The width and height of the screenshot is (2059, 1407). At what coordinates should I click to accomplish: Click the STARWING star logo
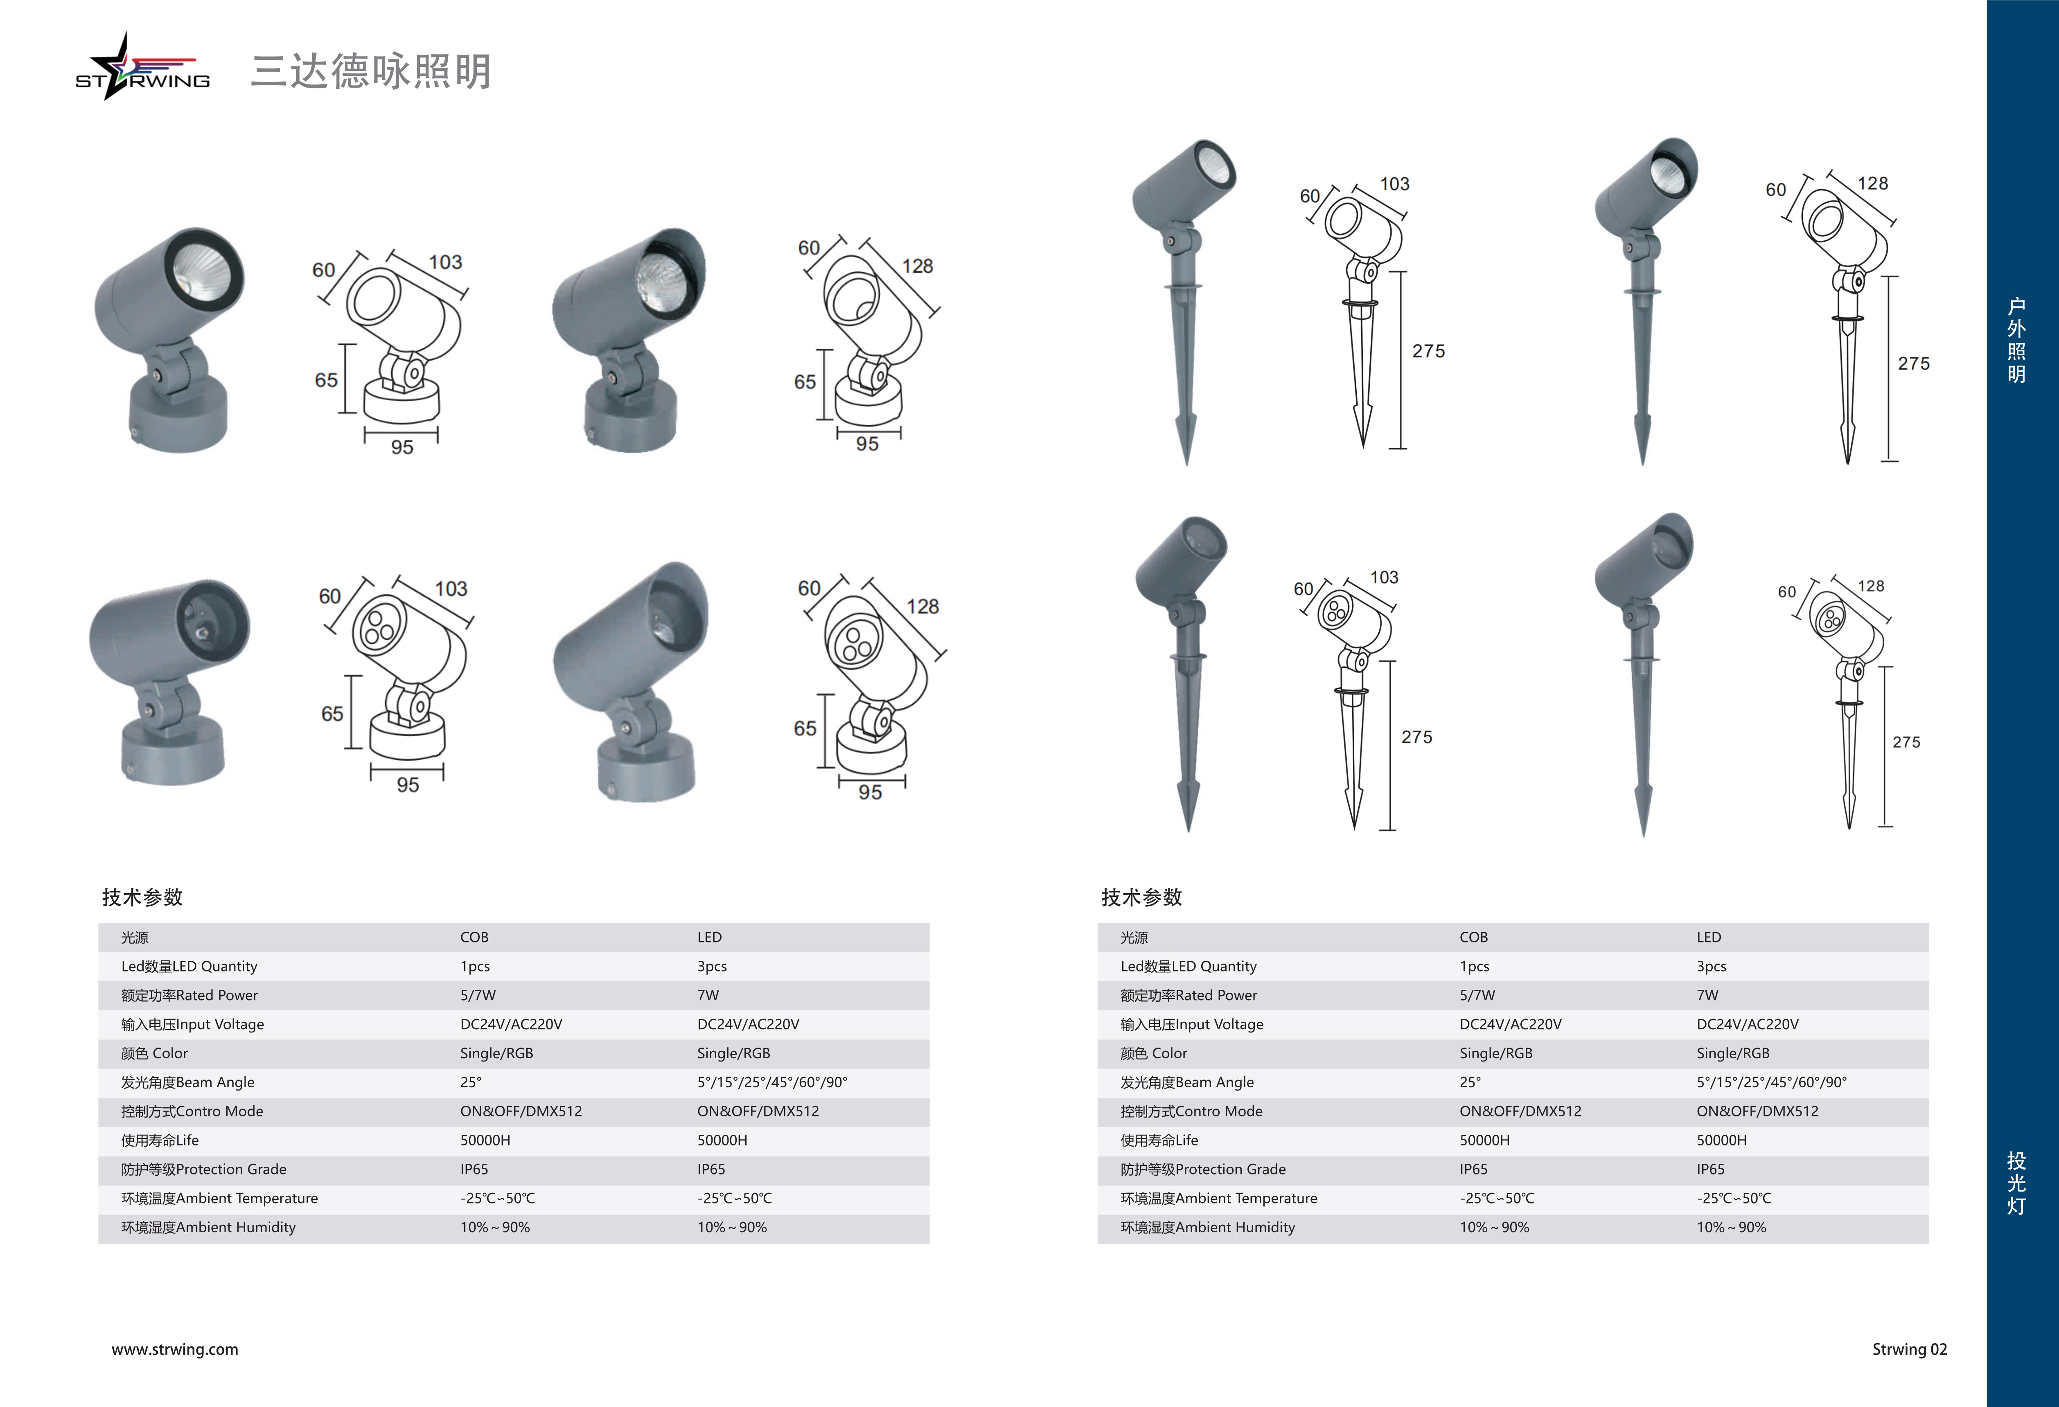click(142, 69)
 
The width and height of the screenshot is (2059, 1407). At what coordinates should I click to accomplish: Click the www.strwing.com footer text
click(174, 1349)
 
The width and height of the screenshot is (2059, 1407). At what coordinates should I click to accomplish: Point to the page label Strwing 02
click(1909, 1349)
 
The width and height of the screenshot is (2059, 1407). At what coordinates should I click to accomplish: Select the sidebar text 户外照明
click(2016, 340)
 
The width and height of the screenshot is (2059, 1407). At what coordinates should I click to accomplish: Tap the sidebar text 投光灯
click(2016, 1183)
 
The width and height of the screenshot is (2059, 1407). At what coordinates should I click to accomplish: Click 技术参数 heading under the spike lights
click(1141, 897)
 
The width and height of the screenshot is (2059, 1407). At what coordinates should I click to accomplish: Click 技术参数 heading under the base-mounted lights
click(142, 897)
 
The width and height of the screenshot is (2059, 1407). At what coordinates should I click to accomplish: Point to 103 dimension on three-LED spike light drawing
click(1384, 578)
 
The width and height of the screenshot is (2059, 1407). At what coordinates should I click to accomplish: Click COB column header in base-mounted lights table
click(474, 937)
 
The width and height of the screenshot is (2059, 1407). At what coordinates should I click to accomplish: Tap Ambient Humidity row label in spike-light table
click(1208, 1227)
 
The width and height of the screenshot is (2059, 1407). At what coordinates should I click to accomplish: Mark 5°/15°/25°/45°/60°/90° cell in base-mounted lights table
click(772, 1082)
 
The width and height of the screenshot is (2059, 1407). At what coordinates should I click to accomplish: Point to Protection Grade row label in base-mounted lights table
click(204, 1170)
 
